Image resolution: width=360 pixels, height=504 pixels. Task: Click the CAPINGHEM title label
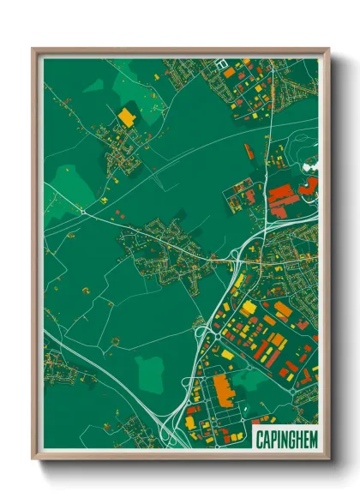pyautogui.click(x=286, y=439)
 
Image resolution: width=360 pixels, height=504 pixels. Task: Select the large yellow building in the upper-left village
pyautogui.click(x=127, y=117)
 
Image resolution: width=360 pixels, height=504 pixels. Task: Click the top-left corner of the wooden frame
pyautogui.click(x=33, y=50)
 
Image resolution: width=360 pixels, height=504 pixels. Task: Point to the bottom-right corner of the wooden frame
pyautogui.click(x=328, y=460)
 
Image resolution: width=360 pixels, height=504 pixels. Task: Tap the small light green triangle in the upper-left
pyautogui.click(x=94, y=86)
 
